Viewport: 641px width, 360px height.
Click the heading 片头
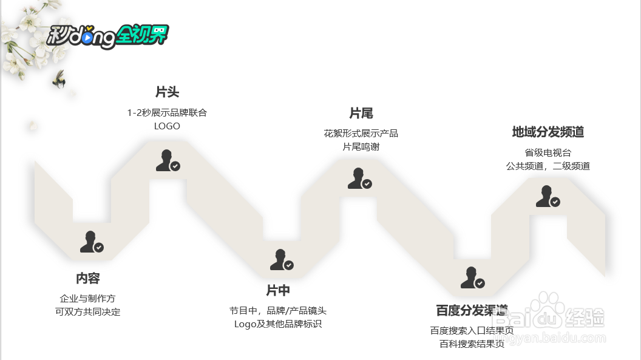(x=167, y=92)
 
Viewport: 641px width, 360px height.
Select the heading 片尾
(x=361, y=114)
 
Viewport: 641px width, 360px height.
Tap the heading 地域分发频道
(x=548, y=132)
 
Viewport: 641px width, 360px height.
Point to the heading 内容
(x=87, y=279)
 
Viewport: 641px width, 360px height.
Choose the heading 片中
(x=277, y=290)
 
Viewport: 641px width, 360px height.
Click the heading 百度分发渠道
(x=472, y=310)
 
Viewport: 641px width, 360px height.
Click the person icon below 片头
(x=167, y=161)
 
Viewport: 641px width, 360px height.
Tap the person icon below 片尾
(x=359, y=179)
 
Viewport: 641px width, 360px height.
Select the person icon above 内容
(x=91, y=242)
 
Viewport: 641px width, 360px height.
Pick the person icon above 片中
(x=281, y=260)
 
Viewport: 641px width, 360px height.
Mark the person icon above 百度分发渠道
(x=472, y=278)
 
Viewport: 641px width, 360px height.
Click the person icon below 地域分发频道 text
(x=547, y=197)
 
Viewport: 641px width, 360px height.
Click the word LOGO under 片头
(x=167, y=126)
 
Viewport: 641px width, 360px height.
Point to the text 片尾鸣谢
(x=361, y=147)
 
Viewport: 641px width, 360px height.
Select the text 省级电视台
(x=548, y=152)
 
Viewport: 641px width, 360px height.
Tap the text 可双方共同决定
(x=87, y=312)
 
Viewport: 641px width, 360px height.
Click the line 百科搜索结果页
(x=472, y=344)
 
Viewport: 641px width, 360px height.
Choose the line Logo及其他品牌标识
(x=277, y=324)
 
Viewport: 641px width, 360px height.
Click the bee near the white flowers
(x=59, y=79)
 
